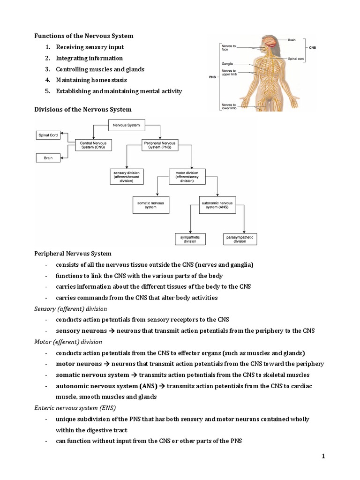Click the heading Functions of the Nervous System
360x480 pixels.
tap(84, 36)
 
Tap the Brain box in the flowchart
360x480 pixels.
tap(48, 158)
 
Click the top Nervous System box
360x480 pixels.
tap(127, 125)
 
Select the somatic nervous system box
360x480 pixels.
tap(151, 205)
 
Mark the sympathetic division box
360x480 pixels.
tap(190, 239)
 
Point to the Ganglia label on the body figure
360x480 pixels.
tap(227, 63)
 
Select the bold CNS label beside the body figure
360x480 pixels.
tap(312, 48)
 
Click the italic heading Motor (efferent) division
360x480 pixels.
tap(68, 342)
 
